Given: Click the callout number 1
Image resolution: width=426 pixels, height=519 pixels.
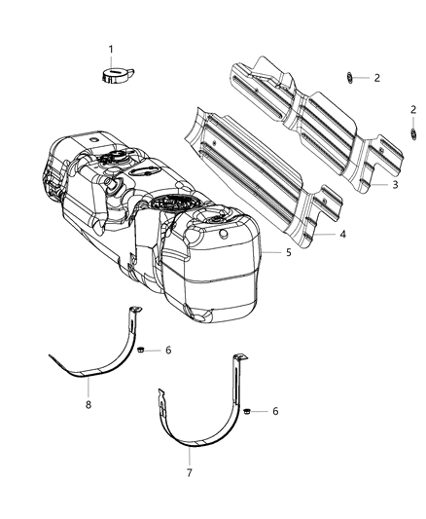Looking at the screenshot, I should [x=110, y=49].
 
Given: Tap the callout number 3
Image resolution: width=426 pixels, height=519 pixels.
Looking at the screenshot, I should [x=395, y=184].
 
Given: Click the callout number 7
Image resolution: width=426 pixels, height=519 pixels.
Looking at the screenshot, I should [x=190, y=473].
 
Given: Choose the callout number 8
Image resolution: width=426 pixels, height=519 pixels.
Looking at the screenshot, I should [x=88, y=401].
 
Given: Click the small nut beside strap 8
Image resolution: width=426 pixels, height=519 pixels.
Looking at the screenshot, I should [x=142, y=349].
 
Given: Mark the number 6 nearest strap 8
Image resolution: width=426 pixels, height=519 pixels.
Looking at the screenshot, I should [x=168, y=349].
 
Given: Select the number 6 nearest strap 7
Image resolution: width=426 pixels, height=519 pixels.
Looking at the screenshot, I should [x=275, y=411].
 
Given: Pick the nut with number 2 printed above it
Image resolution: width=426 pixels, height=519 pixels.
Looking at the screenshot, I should [x=412, y=131].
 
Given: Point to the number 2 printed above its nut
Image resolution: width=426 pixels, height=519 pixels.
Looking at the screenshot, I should [x=412, y=110].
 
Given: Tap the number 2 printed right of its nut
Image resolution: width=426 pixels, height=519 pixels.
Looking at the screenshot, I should [x=376, y=77].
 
